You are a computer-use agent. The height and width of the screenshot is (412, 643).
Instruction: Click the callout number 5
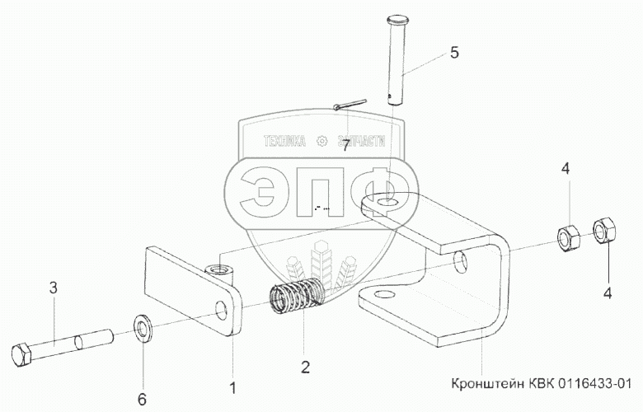454,54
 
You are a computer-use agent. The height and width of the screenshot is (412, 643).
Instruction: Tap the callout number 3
53,288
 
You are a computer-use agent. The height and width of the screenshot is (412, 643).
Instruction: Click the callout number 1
233,386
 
